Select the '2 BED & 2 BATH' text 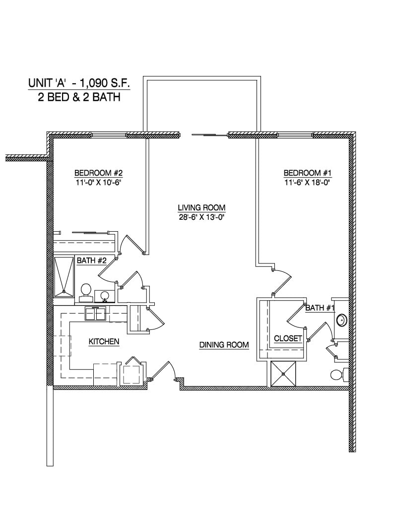(79, 97)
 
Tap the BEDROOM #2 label (98, 173)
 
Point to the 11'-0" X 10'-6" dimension (98, 182)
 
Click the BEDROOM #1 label (307, 173)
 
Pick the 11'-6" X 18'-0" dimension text (307, 182)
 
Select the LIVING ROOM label (202, 208)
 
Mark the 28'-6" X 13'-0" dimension (202, 217)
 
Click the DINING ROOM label (224, 345)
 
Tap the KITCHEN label (104, 341)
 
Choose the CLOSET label (288, 338)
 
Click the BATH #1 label (320, 308)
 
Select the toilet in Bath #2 (86, 292)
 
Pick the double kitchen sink (96, 314)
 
